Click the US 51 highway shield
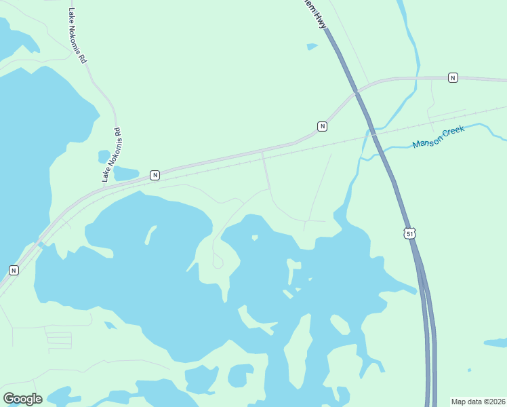pos(408,233)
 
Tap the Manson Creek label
pos(439,138)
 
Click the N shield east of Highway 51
pos(453,78)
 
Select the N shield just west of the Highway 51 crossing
pos(322,126)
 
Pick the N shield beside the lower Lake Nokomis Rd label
pos(155,175)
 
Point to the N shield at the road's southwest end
pos(14,270)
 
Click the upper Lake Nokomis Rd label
pos(78,36)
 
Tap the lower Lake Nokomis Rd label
pos(112,155)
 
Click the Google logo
pos(22,398)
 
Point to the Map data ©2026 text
pos(479,402)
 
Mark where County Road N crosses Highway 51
pos(357,93)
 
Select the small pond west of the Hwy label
pos(312,47)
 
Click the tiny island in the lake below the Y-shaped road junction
pos(255,237)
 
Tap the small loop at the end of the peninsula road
pos(218,260)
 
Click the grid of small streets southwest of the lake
pos(59,337)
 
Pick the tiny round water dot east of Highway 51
pos(469,370)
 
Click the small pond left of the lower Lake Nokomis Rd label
pos(104,157)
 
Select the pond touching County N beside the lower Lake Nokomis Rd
pos(126,174)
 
